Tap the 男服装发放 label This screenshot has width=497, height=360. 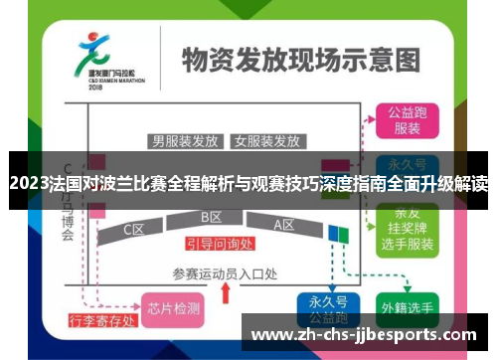(x=185, y=140)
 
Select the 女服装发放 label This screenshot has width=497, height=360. (x=266, y=140)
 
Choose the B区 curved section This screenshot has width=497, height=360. (x=211, y=218)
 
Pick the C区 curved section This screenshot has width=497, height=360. (x=135, y=229)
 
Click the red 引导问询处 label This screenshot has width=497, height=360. (x=222, y=243)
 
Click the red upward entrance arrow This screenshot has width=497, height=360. (x=226, y=295)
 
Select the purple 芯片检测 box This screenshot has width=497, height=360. (x=172, y=307)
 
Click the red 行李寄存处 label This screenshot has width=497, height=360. (x=101, y=321)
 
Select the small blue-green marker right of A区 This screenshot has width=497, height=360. (x=340, y=234)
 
